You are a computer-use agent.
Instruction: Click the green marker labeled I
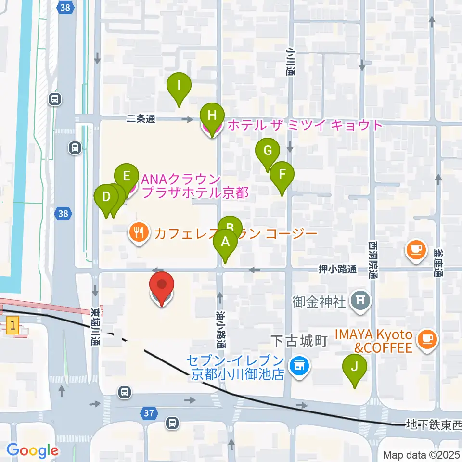[179, 87]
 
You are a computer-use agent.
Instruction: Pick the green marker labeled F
[282, 174]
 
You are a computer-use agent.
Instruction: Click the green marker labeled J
[355, 368]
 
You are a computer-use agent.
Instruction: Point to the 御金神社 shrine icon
[360, 301]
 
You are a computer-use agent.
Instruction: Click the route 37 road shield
[149, 412]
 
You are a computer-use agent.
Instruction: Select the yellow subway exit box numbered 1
[13, 327]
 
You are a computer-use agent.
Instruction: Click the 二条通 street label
[141, 119]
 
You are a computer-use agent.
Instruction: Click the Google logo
[32, 450]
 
